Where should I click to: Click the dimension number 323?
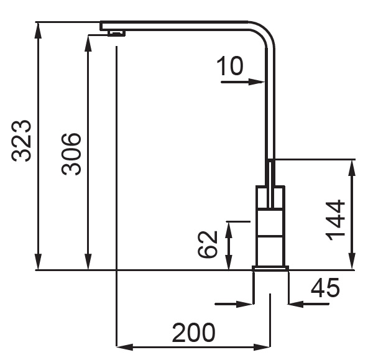click(x=21, y=141)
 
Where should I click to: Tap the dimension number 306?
click(x=71, y=154)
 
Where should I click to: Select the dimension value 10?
click(x=230, y=66)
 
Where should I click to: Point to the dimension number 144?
click(x=336, y=220)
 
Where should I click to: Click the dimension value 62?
click(x=207, y=244)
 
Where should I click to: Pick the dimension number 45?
click(x=325, y=288)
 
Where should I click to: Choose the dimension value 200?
click(x=193, y=333)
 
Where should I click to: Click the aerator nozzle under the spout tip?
click(x=116, y=34)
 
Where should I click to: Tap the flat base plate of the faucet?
click(x=270, y=268)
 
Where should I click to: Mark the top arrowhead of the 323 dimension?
click(x=39, y=30)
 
